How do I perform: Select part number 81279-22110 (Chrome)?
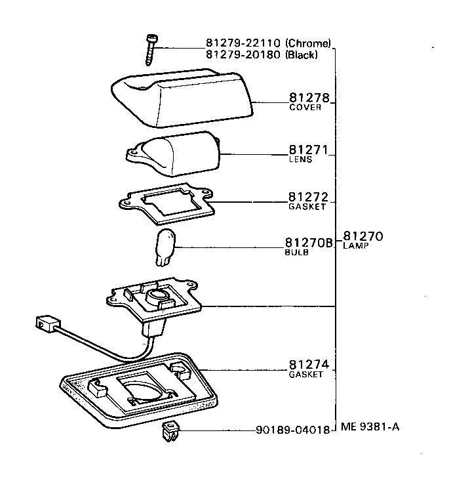[268, 45]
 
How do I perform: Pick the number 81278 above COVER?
[309, 98]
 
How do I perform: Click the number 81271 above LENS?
[308, 150]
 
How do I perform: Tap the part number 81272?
[308, 196]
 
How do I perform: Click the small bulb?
[164, 248]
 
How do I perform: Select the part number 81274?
[308, 365]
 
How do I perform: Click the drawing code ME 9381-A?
[370, 427]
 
